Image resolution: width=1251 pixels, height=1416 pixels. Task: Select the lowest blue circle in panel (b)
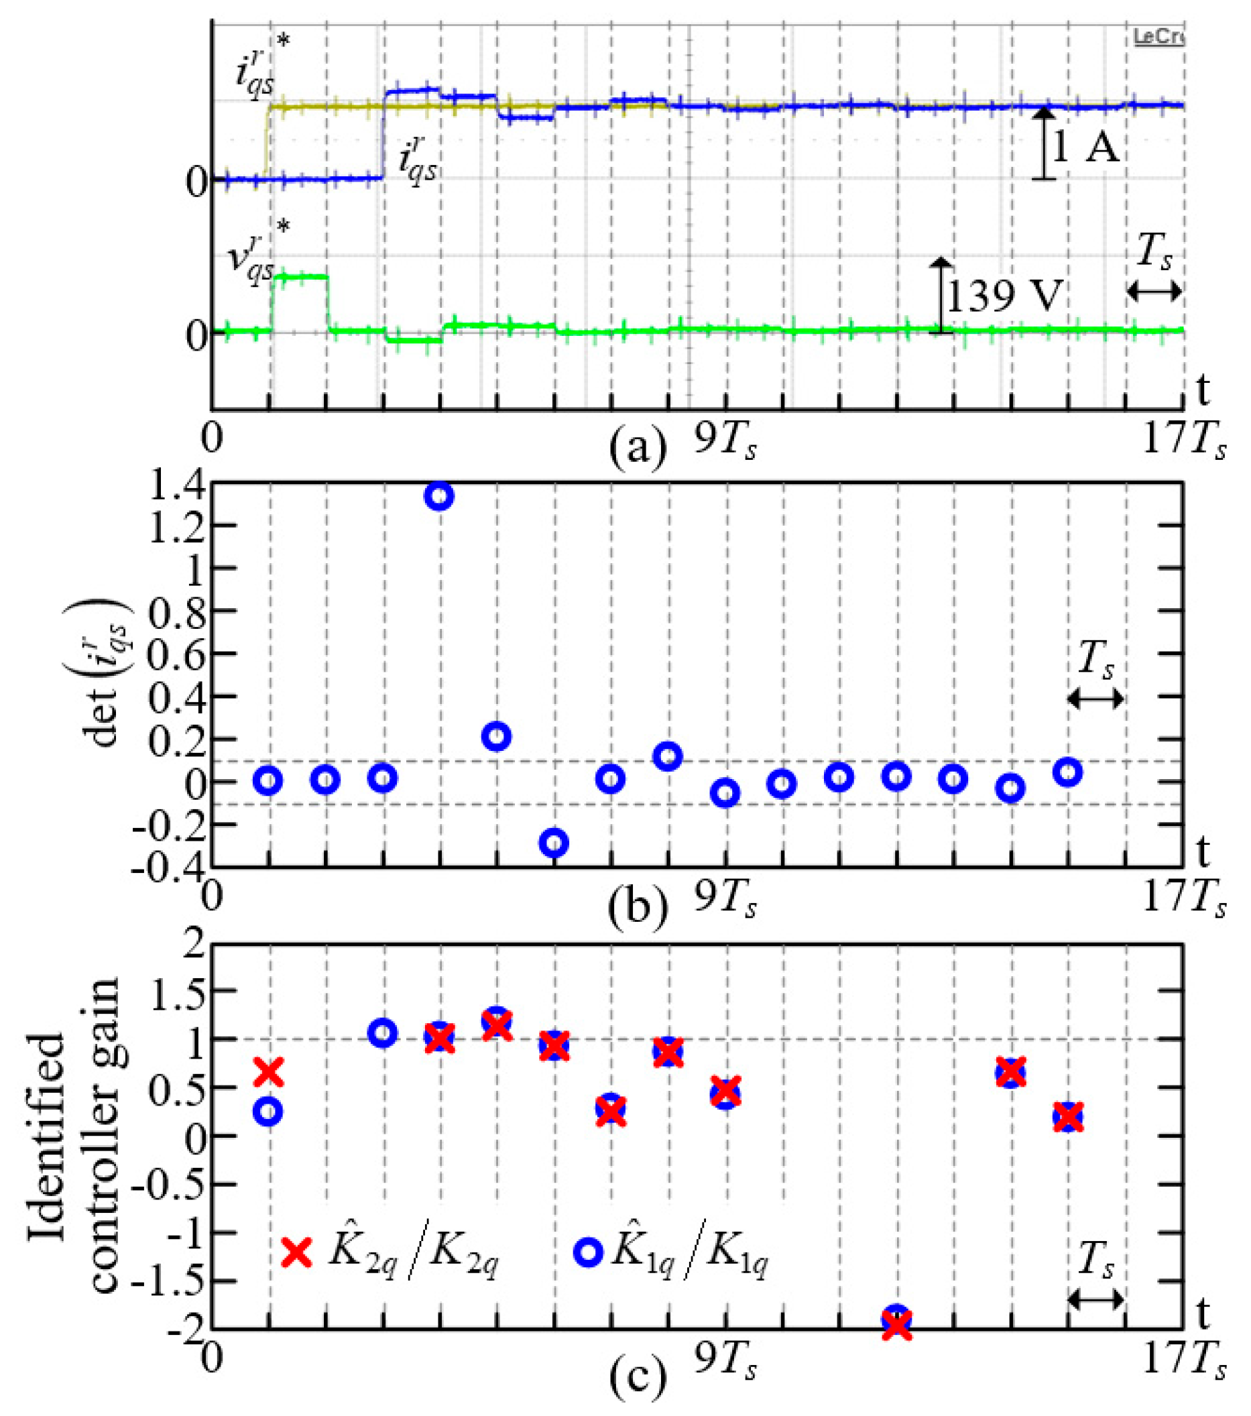click(x=554, y=843)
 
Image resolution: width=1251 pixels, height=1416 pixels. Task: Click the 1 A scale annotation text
click(x=1085, y=148)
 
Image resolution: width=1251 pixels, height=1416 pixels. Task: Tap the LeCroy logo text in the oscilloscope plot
click(x=1158, y=38)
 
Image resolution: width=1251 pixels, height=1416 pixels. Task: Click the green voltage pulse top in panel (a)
click(x=299, y=277)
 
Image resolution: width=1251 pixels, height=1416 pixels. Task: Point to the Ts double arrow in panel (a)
click(x=1154, y=292)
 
